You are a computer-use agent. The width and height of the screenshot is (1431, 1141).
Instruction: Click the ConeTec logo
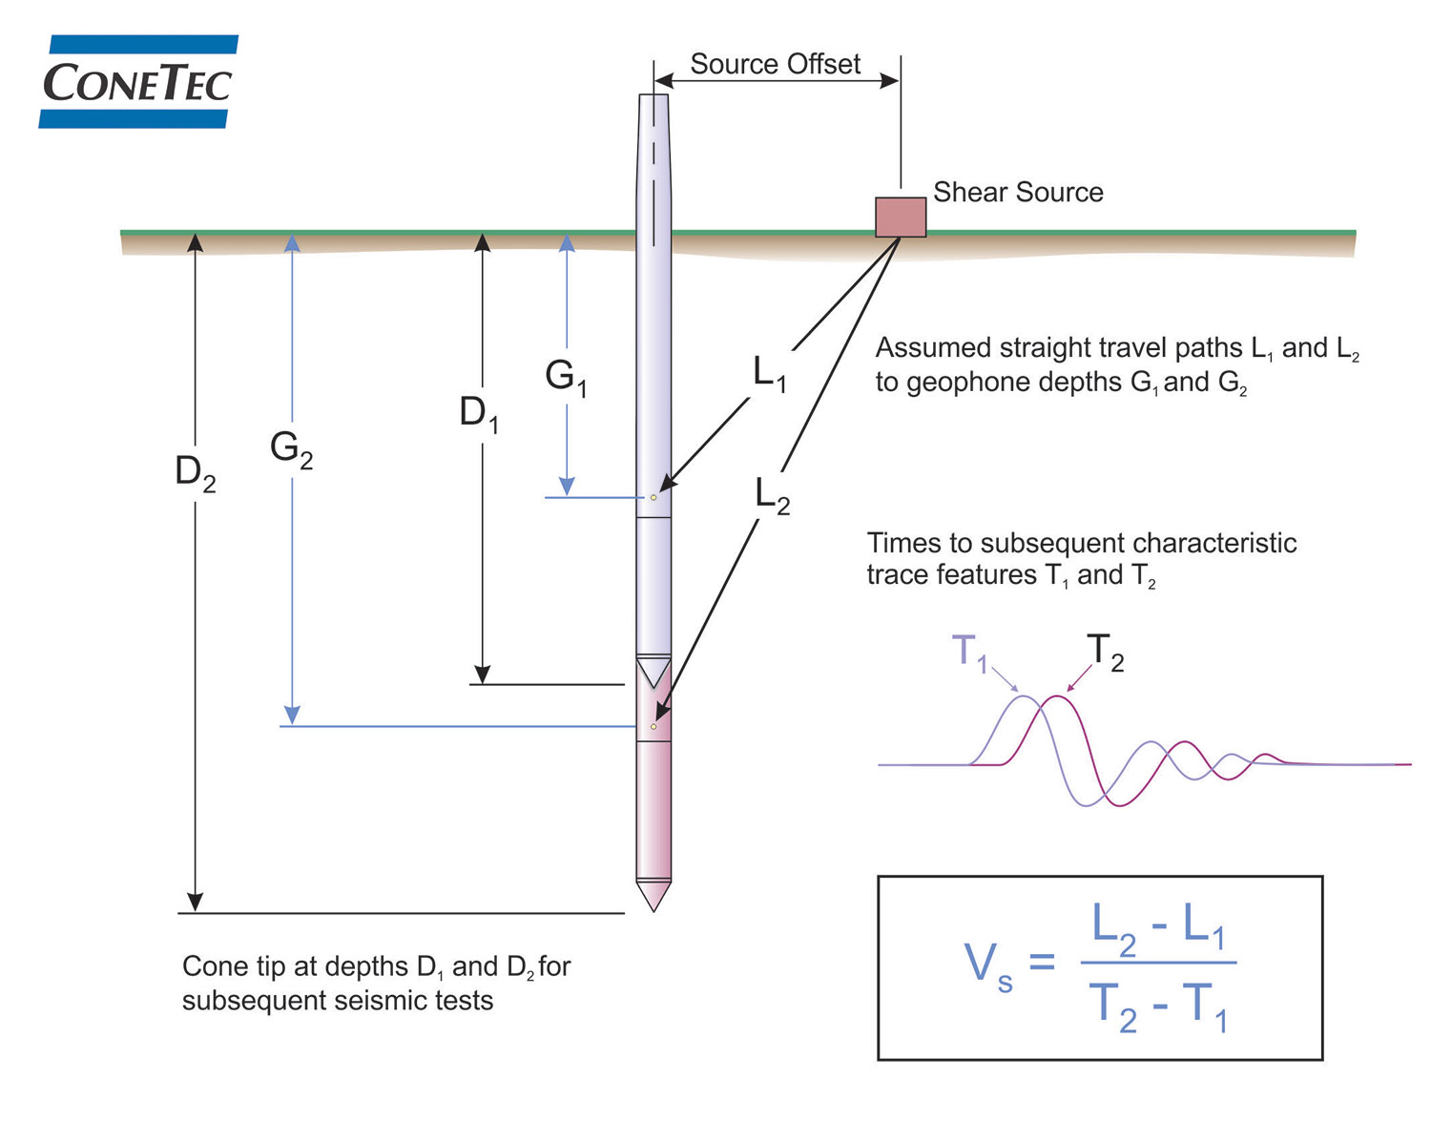pos(137,82)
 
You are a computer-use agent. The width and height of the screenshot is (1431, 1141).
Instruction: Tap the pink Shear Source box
pos(901,218)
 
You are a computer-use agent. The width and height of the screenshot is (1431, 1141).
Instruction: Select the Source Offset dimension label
pos(775,64)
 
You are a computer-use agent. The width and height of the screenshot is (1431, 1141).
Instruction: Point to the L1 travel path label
pos(770,373)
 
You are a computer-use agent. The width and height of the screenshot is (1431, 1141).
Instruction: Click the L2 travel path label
pos(772,496)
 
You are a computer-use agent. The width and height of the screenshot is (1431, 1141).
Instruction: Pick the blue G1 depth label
pos(566,377)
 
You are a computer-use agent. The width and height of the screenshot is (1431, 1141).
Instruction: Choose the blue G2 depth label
pos(291,448)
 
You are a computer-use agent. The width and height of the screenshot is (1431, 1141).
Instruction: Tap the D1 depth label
pos(479,414)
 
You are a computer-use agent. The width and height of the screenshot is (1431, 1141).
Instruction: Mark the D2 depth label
pos(196,473)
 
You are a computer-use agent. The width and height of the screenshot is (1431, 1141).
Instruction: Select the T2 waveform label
pos(1105,653)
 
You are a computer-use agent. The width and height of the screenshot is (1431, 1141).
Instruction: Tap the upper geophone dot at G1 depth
pos(653,497)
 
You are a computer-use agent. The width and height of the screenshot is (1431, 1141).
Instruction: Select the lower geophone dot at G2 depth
pos(653,727)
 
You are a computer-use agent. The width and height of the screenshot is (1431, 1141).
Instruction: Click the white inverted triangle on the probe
pos(653,671)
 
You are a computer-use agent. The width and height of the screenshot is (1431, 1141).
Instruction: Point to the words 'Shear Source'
pos(1018,193)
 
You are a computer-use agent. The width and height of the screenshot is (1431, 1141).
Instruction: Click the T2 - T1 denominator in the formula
pos(1157,1006)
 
